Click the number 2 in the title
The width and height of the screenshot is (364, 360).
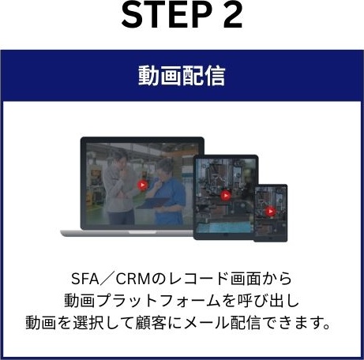click(233, 15)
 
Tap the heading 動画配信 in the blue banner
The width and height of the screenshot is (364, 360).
click(182, 76)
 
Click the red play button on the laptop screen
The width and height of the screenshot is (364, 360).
click(142, 185)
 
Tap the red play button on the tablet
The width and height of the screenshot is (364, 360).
click(225, 196)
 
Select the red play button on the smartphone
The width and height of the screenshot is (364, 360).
click(270, 211)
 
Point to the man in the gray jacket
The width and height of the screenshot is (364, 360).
click(120, 186)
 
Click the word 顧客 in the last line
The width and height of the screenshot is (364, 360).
click(151, 323)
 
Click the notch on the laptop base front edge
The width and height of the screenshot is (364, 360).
click(142, 232)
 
